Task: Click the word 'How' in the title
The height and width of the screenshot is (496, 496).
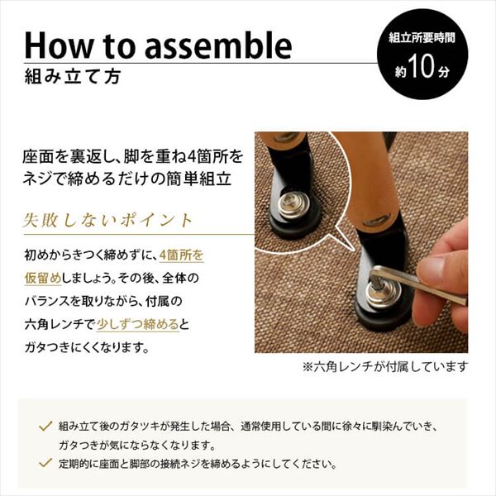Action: [58, 45]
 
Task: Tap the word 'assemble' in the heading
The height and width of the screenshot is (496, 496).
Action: [218, 45]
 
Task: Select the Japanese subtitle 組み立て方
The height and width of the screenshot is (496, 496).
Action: [73, 77]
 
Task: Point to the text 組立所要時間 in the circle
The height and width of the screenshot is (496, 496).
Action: [422, 38]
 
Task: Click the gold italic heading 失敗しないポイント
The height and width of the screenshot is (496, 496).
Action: [107, 220]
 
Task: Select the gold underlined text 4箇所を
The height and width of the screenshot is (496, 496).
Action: [182, 255]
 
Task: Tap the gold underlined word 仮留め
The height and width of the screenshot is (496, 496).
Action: [43, 278]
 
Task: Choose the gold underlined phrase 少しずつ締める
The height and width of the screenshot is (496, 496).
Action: [138, 324]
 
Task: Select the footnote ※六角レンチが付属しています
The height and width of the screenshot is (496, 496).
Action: [385, 367]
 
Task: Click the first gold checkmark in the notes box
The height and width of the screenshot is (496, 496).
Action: [45, 426]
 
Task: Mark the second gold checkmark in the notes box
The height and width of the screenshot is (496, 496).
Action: [45, 463]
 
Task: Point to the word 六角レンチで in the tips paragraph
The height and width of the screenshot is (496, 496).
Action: [60, 324]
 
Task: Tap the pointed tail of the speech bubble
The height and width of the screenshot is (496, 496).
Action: [353, 249]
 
